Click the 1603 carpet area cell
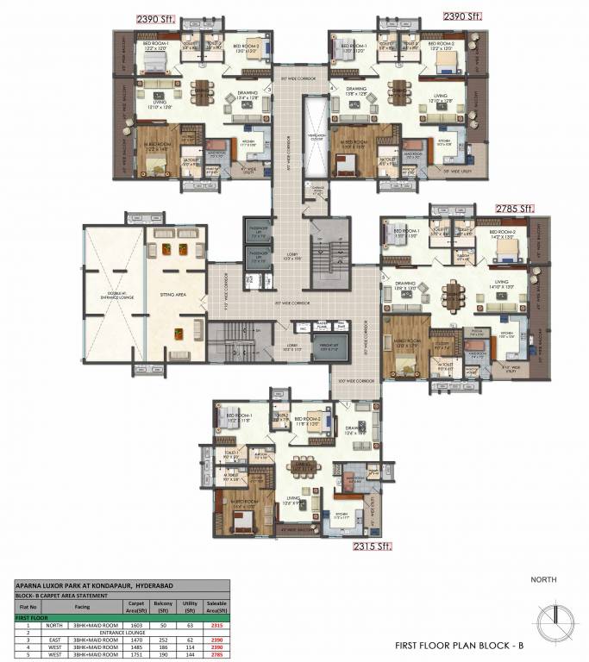[135, 625]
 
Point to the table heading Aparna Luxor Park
[85, 584]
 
